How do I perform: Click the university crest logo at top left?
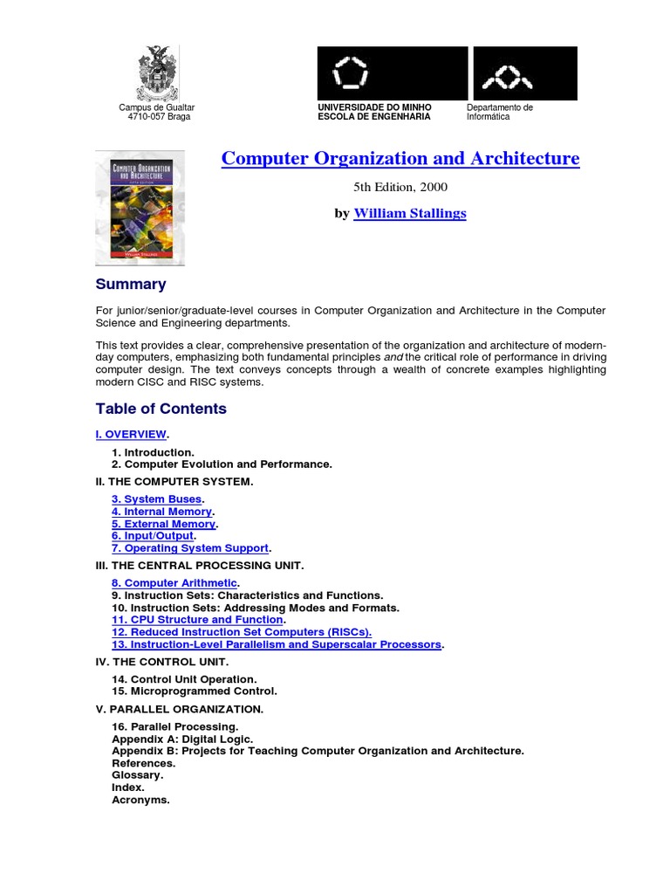tap(156, 73)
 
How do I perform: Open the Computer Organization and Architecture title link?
tap(400, 159)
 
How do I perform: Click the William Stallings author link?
tap(409, 213)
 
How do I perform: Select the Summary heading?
tap(130, 284)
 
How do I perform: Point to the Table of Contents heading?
tap(161, 409)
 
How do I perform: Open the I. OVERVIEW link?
tap(131, 434)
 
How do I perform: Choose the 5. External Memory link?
tap(163, 524)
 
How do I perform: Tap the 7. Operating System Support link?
tap(189, 548)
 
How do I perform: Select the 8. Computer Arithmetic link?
tap(174, 582)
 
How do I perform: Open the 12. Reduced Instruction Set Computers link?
tap(241, 631)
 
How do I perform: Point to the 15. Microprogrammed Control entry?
tap(195, 691)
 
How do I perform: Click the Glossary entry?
tap(136, 774)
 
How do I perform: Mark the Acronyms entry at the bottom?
tap(140, 799)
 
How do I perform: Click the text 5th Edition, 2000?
tap(400, 187)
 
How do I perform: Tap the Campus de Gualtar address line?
tap(157, 107)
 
